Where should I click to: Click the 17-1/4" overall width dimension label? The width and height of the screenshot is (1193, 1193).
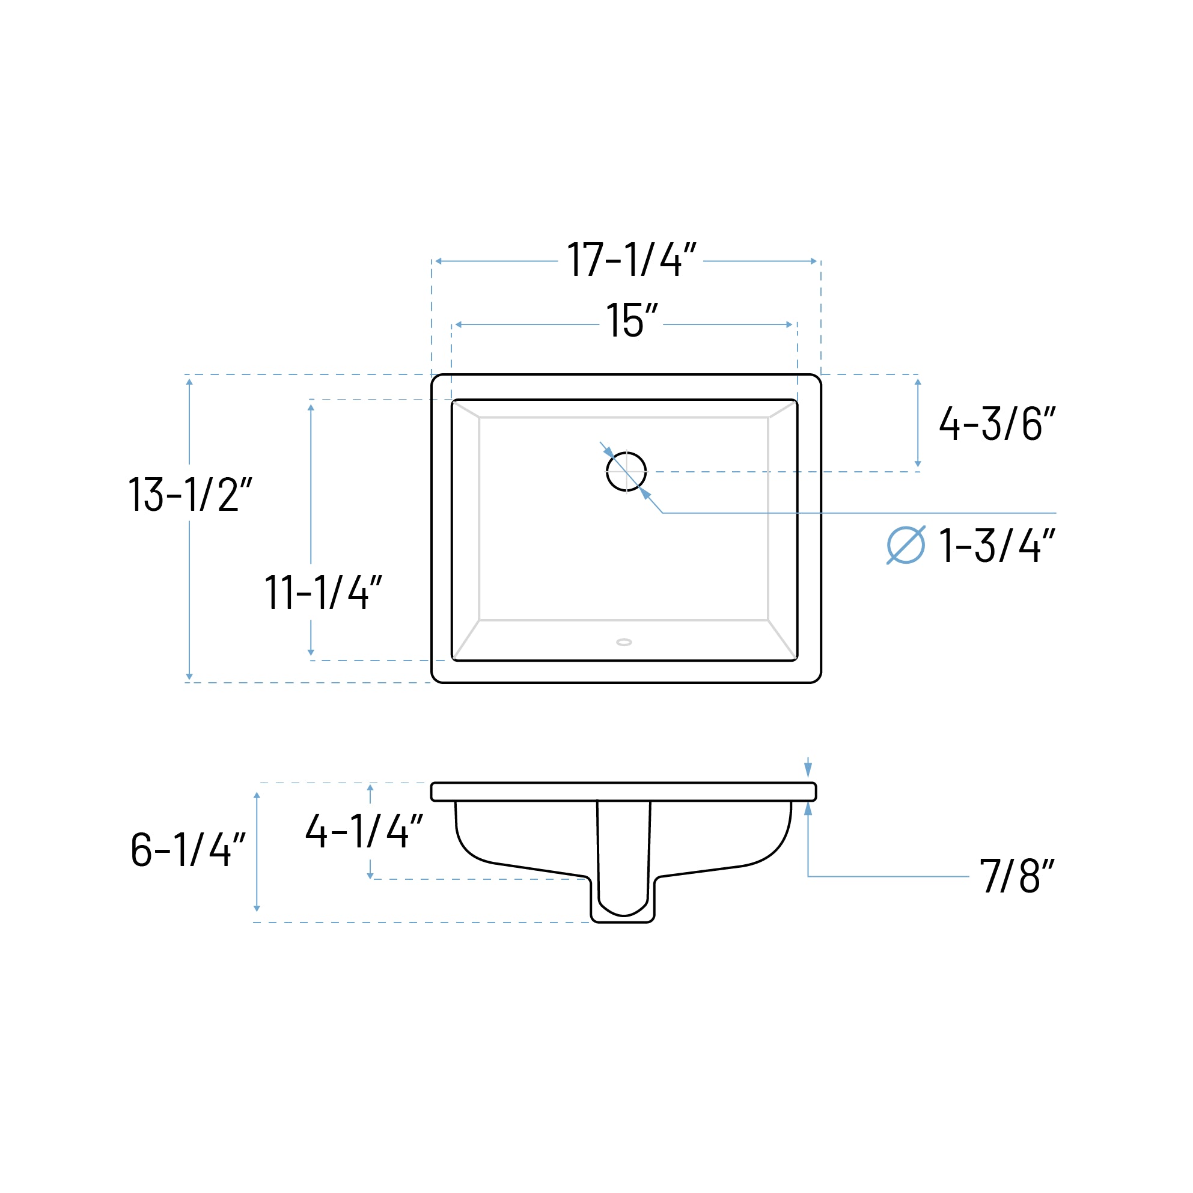[631, 260]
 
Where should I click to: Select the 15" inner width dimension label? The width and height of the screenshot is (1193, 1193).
[632, 320]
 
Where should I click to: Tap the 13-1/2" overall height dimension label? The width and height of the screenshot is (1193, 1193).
[189, 495]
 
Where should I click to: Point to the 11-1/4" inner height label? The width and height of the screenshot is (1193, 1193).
[323, 592]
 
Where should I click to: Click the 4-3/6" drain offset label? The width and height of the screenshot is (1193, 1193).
[997, 424]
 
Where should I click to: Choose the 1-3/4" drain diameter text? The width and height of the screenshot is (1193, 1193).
[997, 546]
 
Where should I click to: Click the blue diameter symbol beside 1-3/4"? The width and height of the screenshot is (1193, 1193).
[905, 545]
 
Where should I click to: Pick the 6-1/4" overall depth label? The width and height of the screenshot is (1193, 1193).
[188, 850]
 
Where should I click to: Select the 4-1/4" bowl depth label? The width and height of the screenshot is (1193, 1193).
[364, 831]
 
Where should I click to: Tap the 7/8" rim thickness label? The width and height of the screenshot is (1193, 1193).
[1017, 876]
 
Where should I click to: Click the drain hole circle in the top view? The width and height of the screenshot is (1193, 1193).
[626, 472]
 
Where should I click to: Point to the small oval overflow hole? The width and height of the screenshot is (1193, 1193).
[624, 642]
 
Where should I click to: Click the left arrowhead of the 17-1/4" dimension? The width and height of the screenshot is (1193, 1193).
[438, 261]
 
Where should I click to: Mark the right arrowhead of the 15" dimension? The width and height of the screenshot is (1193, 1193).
[789, 325]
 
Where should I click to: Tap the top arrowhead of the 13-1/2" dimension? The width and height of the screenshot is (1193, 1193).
[189, 382]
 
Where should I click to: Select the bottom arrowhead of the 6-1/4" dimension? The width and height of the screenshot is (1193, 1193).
[257, 908]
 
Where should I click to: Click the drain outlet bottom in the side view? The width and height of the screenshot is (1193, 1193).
[623, 921]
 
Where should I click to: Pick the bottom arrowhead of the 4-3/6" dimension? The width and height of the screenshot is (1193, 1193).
[918, 464]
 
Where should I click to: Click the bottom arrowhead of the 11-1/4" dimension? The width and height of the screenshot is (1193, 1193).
[311, 652]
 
